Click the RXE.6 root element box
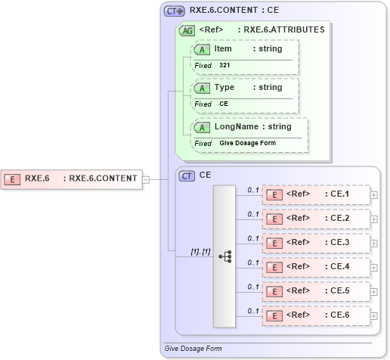72,179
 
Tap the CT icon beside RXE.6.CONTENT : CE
175,11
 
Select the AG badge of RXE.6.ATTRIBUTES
186,31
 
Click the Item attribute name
223,49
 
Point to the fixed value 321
225,66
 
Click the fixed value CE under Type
224,104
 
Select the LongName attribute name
237,127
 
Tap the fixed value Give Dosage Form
247,143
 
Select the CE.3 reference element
316,243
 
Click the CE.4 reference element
316,267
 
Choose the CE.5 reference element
316,291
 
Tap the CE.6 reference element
316,315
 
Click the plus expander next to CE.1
374,195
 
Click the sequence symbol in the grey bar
224,256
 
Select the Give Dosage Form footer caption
193,349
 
